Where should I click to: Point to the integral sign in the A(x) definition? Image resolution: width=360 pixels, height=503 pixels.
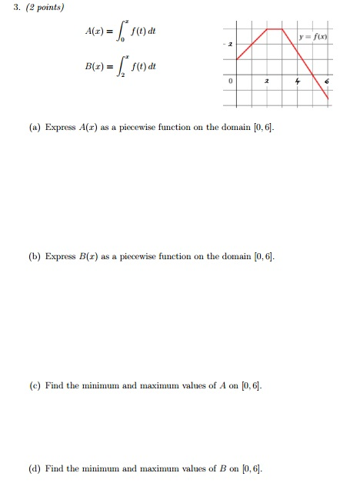125,33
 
